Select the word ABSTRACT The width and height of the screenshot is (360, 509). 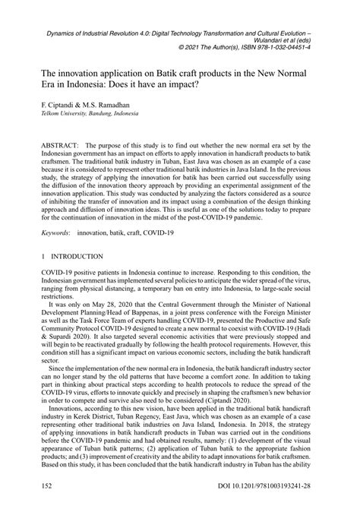pos(66,143)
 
